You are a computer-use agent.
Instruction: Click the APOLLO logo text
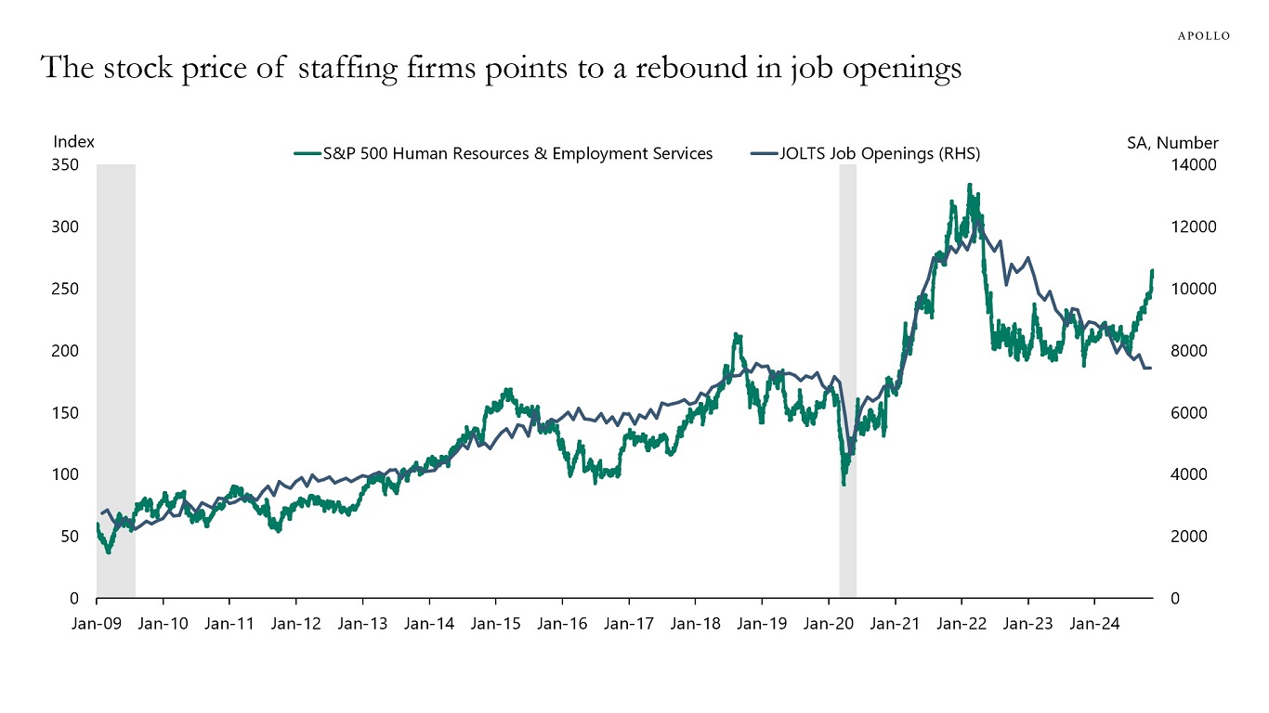pos(1203,35)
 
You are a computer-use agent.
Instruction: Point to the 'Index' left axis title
pos(74,142)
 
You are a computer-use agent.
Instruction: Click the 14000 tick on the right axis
pos(1193,165)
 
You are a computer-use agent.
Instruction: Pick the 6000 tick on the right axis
pos(1188,413)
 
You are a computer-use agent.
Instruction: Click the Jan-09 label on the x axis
pos(97,624)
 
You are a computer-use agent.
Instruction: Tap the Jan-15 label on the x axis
pos(495,624)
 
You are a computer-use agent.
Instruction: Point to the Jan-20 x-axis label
pos(828,624)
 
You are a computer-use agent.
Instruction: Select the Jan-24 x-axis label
pos(1093,624)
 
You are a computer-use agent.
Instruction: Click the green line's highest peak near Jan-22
pos(969,185)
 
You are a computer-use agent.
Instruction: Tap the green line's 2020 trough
pos(844,484)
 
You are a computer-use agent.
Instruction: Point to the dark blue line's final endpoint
pos(1151,369)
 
